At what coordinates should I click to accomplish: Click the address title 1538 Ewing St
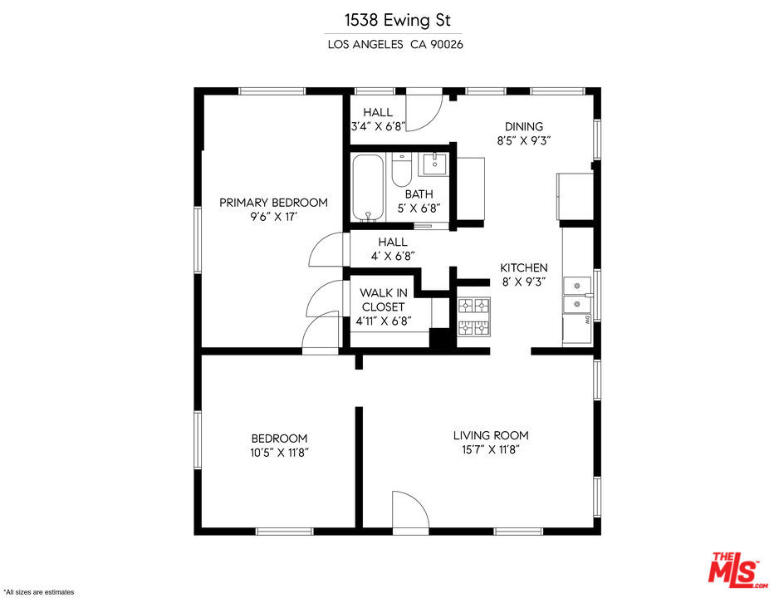click(397, 20)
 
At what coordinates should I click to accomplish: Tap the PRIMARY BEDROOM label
click(273, 203)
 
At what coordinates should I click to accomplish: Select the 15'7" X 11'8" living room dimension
click(491, 450)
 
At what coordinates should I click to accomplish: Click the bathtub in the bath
click(368, 188)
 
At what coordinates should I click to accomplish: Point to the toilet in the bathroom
click(402, 169)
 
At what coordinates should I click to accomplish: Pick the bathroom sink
click(434, 164)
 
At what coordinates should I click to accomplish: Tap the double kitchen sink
click(577, 295)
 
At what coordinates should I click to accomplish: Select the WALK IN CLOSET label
click(383, 300)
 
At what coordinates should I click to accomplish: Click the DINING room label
click(524, 126)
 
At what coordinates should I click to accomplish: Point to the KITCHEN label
click(524, 267)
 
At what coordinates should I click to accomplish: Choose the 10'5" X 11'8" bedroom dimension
click(279, 453)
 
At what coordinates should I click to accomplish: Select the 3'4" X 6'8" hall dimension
click(378, 126)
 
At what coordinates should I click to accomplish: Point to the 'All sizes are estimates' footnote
click(39, 592)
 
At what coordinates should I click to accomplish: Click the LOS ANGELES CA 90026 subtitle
click(395, 45)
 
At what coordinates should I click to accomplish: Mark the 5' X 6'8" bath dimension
click(419, 208)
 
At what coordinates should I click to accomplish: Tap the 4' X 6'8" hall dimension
click(393, 257)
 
